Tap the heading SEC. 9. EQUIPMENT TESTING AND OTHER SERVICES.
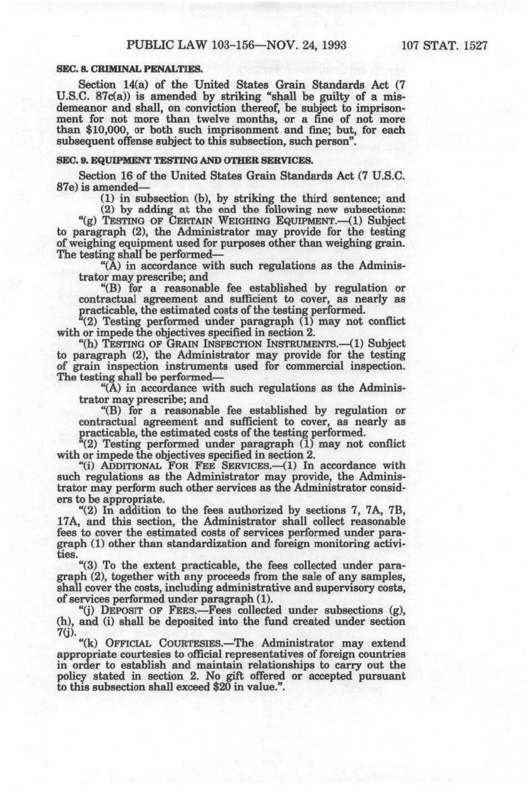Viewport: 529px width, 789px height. tap(185, 160)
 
